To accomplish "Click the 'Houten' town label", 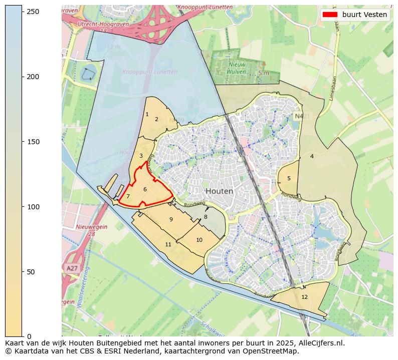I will point(219,191).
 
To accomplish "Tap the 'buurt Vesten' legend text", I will point(364,15).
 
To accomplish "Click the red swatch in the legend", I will point(330,15).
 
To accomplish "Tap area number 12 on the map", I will point(304,297).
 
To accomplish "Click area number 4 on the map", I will point(312,157).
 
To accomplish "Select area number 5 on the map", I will point(289,178).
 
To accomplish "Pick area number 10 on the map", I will point(199,240).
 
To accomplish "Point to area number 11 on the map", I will point(168,244).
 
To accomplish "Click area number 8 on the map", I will point(206,217).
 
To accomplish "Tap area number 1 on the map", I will point(147,115).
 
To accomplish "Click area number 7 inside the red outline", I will point(128,197).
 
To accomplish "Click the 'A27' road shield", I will point(72,268).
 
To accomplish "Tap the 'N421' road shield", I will point(300,116).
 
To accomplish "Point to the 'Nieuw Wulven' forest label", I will point(237,68).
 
